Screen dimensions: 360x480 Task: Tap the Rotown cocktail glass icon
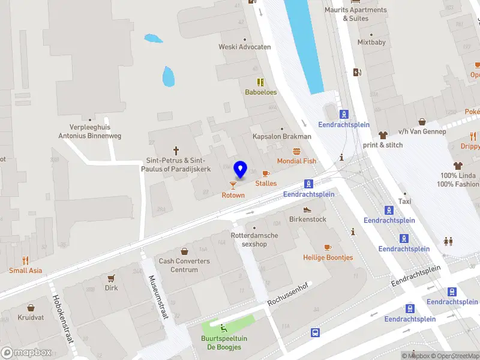click(x=233, y=185)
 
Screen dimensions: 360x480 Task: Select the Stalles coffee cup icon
click(x=266, y=174)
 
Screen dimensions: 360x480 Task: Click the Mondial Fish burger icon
click(x=296, y=151)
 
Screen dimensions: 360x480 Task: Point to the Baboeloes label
click(x=260, y=92)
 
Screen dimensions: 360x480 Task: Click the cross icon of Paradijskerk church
click(x=176, y=151)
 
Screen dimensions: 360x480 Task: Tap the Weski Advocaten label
click(x=245, y=47)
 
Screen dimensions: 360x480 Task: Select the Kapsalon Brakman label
click(x=281, y=136)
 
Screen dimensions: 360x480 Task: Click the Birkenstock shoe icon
click(x=307, y=209)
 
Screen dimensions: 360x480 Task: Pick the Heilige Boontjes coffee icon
click(x=328, y=247)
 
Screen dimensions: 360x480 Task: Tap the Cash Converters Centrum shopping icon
click(x=184, y=251)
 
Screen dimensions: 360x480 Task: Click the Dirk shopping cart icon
click(x=111, y=278)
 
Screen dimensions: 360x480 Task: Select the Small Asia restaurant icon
click(x=25, y=260)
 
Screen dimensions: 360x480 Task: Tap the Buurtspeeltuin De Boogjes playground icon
click(x=224, y=328)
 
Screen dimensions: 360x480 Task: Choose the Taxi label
click(x=405, y=202)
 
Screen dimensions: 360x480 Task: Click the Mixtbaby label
click(x=371, y=43)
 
